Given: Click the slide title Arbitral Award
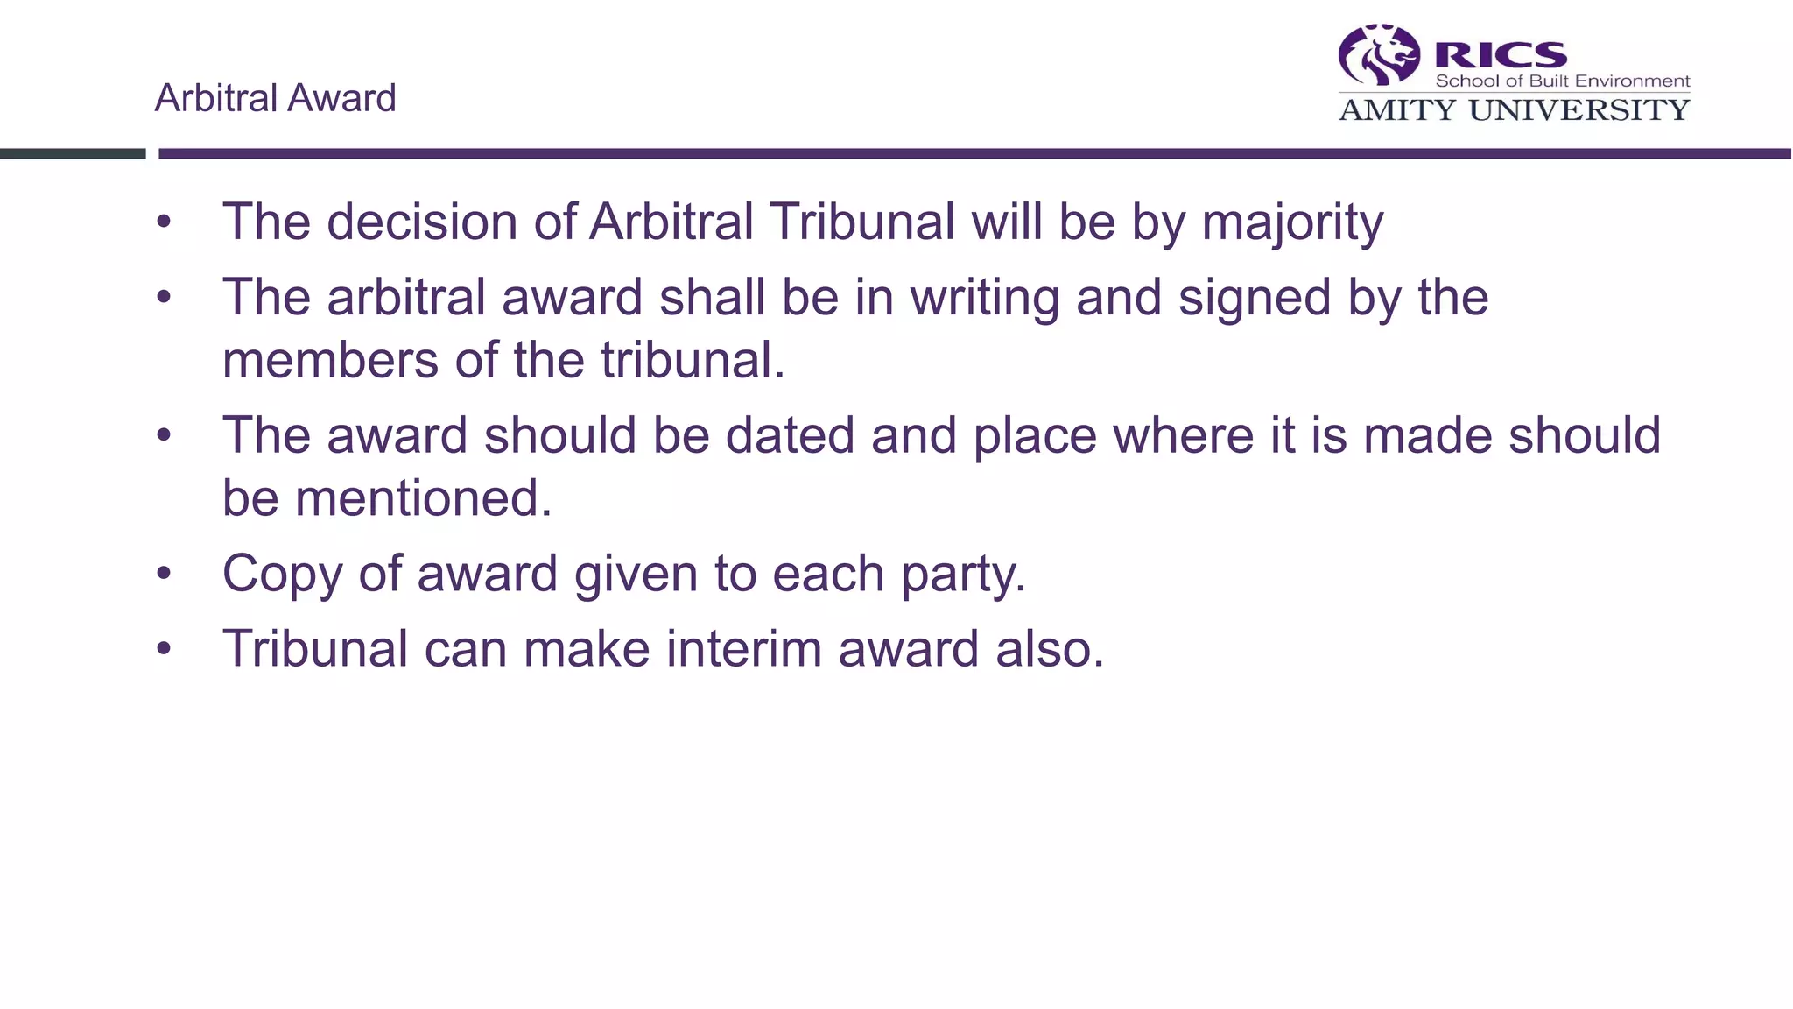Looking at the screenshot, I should (275, 98).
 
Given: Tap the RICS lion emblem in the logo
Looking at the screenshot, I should (1379, 55).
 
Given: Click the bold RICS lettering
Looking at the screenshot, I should (1501, 55).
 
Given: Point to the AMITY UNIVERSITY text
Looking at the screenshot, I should (1514, 110).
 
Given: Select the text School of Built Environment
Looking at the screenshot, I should (1562, 81).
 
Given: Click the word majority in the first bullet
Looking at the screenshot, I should (1292, 222).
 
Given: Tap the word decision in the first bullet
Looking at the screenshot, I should (421, 222).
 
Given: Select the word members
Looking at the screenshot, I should (330, 361).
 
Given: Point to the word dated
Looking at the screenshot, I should (790, 435).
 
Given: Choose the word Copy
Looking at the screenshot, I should (282, 575).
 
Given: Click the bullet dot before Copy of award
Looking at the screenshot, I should (164, 575).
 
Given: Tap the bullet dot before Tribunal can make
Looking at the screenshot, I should (164, 649).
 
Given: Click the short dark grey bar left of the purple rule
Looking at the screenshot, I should (73, 154).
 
